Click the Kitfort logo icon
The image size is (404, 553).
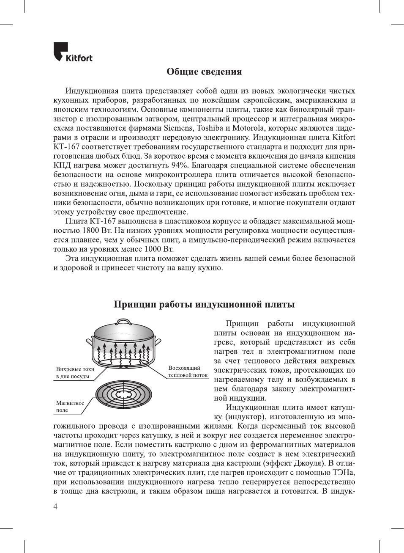[60, 51]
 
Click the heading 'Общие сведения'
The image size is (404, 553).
[204, 72]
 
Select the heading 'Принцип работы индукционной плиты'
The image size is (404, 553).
[204, 304]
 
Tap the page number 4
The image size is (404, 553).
[55, 506]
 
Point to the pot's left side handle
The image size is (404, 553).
[89, 341]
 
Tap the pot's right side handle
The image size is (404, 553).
[158, 340]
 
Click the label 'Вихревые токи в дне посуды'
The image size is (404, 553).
[75, 373]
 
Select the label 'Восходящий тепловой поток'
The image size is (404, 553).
[188, 371]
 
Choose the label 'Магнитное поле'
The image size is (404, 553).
[70, 407]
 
